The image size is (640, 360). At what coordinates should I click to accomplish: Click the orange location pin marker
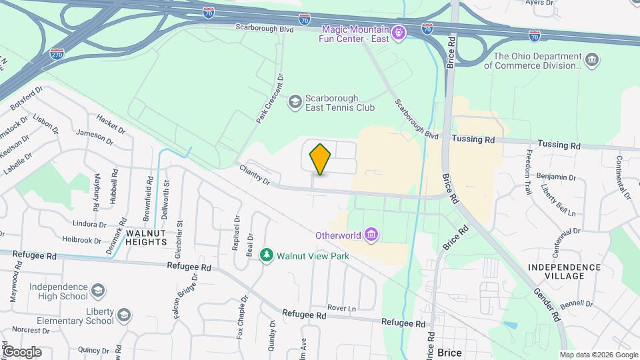click(321, 159)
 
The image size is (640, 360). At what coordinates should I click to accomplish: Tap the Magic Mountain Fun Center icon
click(399, 31)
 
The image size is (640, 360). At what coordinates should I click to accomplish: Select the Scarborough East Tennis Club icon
click(294, 102)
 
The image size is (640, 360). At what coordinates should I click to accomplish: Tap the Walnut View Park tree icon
click(267, 255)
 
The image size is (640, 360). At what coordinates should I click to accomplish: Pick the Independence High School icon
click(97, 291)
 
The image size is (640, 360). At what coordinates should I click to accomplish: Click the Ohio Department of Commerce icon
click(591, 61)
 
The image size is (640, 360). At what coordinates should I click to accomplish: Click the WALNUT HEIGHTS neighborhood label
click(145, 237)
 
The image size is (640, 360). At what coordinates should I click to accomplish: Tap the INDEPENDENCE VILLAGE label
click(564, 271)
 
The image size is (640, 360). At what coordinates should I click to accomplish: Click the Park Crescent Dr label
click(270, 99)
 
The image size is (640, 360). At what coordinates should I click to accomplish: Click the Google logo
click(21, 351)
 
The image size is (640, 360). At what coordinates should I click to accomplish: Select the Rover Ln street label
click(342, 308)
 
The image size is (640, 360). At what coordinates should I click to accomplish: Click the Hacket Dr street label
click(111, 123)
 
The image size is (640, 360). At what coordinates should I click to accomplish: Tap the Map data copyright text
click(598, 355)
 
